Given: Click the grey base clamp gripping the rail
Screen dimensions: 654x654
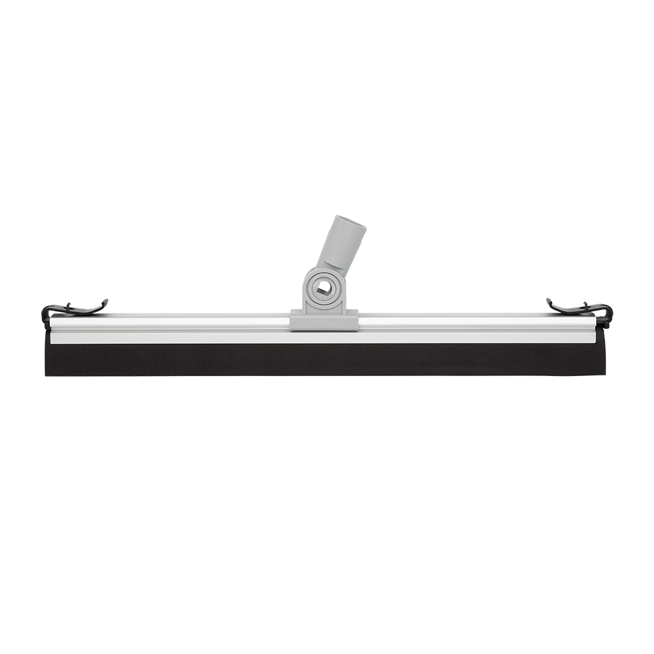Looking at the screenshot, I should coord(324,321).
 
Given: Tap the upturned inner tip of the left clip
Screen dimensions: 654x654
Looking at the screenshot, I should coord(105,301).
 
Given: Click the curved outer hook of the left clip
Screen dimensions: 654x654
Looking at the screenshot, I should coord(44,312).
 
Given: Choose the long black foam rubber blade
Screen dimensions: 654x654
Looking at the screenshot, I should coord(327,360).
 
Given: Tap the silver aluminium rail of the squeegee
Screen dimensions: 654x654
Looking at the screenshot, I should coord(196,323).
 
